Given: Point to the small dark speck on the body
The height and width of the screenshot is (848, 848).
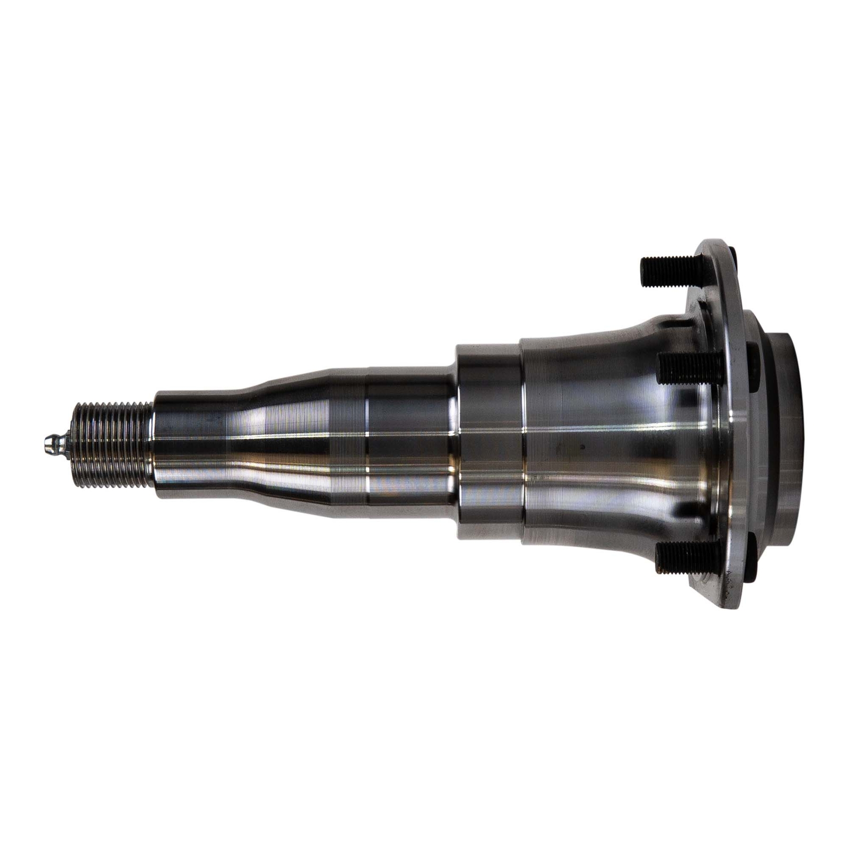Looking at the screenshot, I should pos(581,446).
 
